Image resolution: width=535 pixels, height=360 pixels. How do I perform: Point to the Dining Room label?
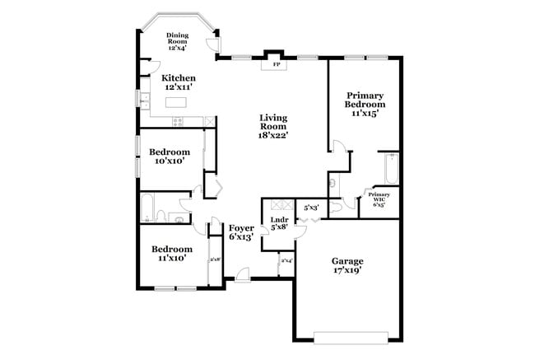[x=177, y=41]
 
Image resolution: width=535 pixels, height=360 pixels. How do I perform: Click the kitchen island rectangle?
[x=177, y=103]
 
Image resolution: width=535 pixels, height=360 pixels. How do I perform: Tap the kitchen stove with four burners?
[x=178, y=122]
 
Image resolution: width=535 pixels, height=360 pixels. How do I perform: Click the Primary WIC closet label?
[x=379, y=199]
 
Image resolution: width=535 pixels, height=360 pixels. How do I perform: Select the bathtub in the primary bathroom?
[x=389, y=170]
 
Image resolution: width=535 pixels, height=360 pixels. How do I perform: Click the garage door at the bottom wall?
[x=350, y=336]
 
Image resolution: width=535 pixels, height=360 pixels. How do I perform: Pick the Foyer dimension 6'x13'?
[x=240, y=236]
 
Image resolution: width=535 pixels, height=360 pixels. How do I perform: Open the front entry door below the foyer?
[x=242, y=274]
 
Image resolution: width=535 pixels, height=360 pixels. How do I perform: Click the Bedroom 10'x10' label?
[x=170, y=157]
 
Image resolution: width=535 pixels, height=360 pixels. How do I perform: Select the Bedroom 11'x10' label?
[x=171, y=254]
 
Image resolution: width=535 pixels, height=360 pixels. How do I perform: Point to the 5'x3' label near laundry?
[x=310, y=208]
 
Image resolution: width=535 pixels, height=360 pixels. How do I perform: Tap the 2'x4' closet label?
[x=286, y=261]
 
